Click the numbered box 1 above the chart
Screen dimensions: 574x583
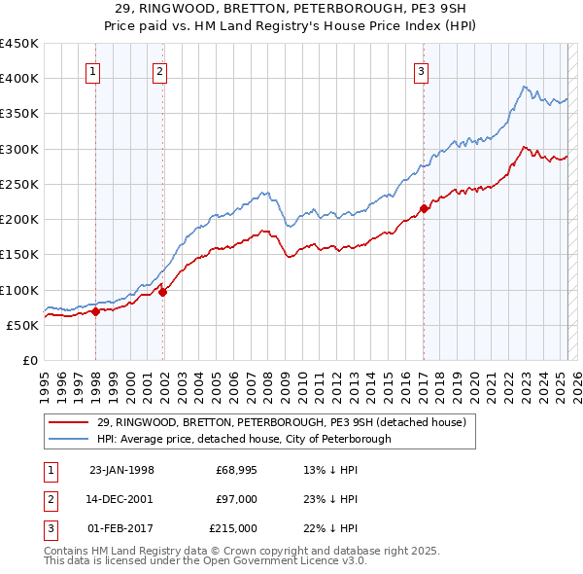click(92, 70)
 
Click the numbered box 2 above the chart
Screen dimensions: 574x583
click(158, 70)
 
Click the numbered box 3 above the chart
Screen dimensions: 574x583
click(421, 70)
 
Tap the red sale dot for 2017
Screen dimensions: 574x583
click(425, 208)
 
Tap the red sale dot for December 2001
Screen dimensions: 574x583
click(163, 291)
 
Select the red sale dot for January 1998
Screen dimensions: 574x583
click(96, 311)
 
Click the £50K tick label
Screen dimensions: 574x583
click(22, 325)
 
